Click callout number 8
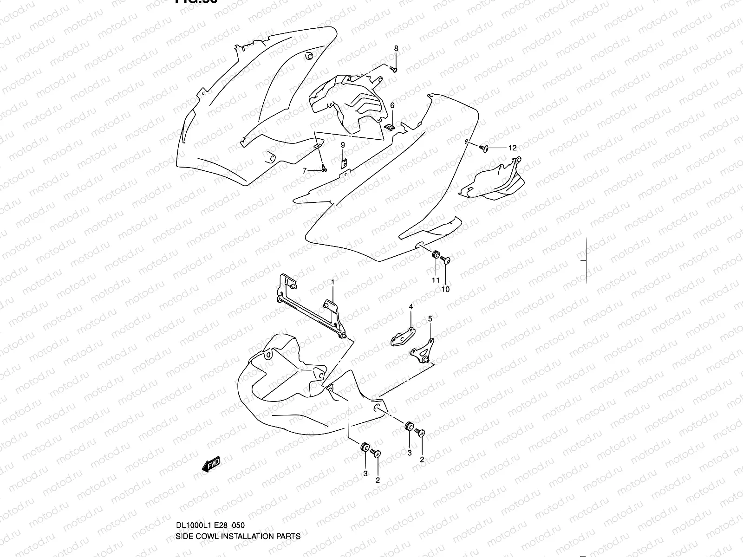[x=396, y=49]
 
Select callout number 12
[x=512, y=149]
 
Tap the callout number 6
[x=392, y=106]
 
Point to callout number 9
[x=343, y=145]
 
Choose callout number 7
[x=305, y=171]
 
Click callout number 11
[x=436, y=280]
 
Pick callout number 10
[x=446, y=289]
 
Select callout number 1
[x=332, y=282]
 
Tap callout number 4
[x=411, y=307]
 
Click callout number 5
[x=430, y=319]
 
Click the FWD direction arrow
[x=210, y=464]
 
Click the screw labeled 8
[x=394, y=70]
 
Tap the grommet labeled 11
[x=436, y=254]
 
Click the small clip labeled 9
[x=344, y=163]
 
